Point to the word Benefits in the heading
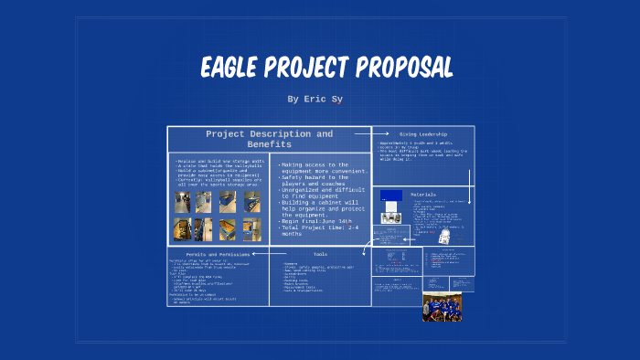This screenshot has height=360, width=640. [269, 144]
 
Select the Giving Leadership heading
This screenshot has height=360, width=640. [421, 134]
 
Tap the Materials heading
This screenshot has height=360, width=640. [423, 195]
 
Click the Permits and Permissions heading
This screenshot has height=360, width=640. [218, 254]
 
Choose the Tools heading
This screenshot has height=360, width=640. [320, 254]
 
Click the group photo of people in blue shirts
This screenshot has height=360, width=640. [442, 307]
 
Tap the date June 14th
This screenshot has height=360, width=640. [335, 221]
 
